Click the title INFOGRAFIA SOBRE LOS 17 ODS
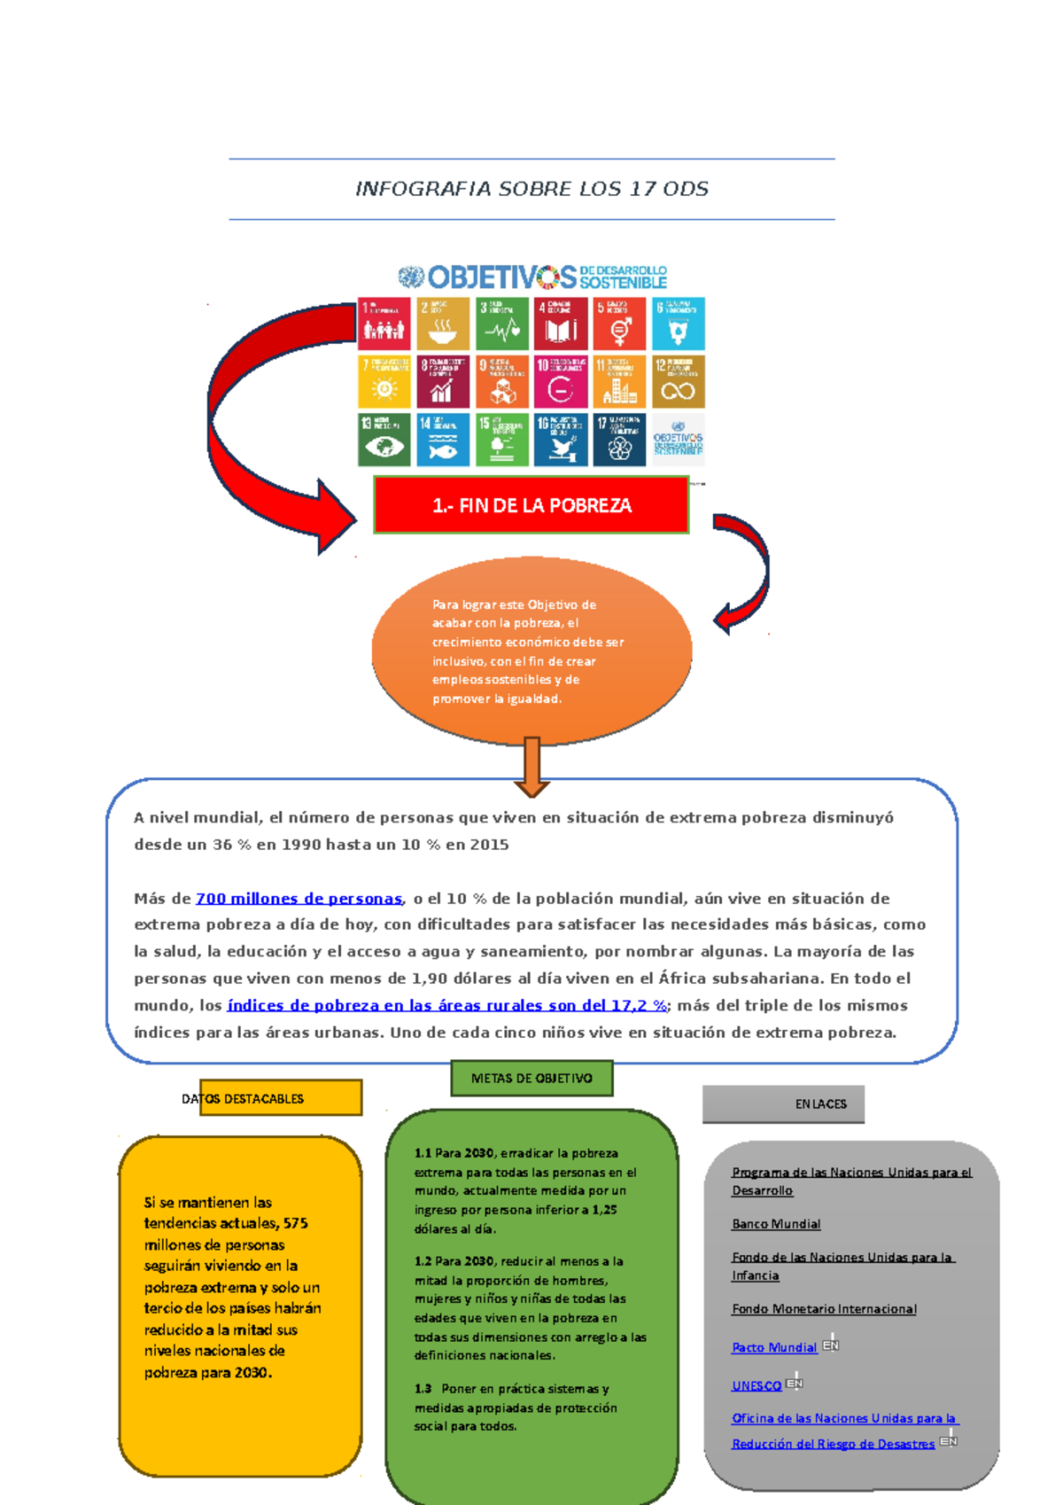pos(531,189)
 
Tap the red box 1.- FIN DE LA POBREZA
pos(531,505)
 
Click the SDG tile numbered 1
pos(384,324)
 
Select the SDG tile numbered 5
pos(619,324)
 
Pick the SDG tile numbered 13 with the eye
pos(384,440)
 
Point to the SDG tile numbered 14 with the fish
pos(443,440)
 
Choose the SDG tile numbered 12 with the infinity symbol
pos(678,382)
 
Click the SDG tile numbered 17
pos(619,440)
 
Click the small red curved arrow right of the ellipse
pos(744,572)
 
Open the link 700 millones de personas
pos(299,898)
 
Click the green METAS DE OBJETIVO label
pos(531,1079)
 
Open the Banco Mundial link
pos(776,1224)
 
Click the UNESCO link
pos(757,1385)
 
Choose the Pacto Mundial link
pos(774,1347)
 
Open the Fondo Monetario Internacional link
pos(824,1309)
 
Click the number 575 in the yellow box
pos(296,1223)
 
